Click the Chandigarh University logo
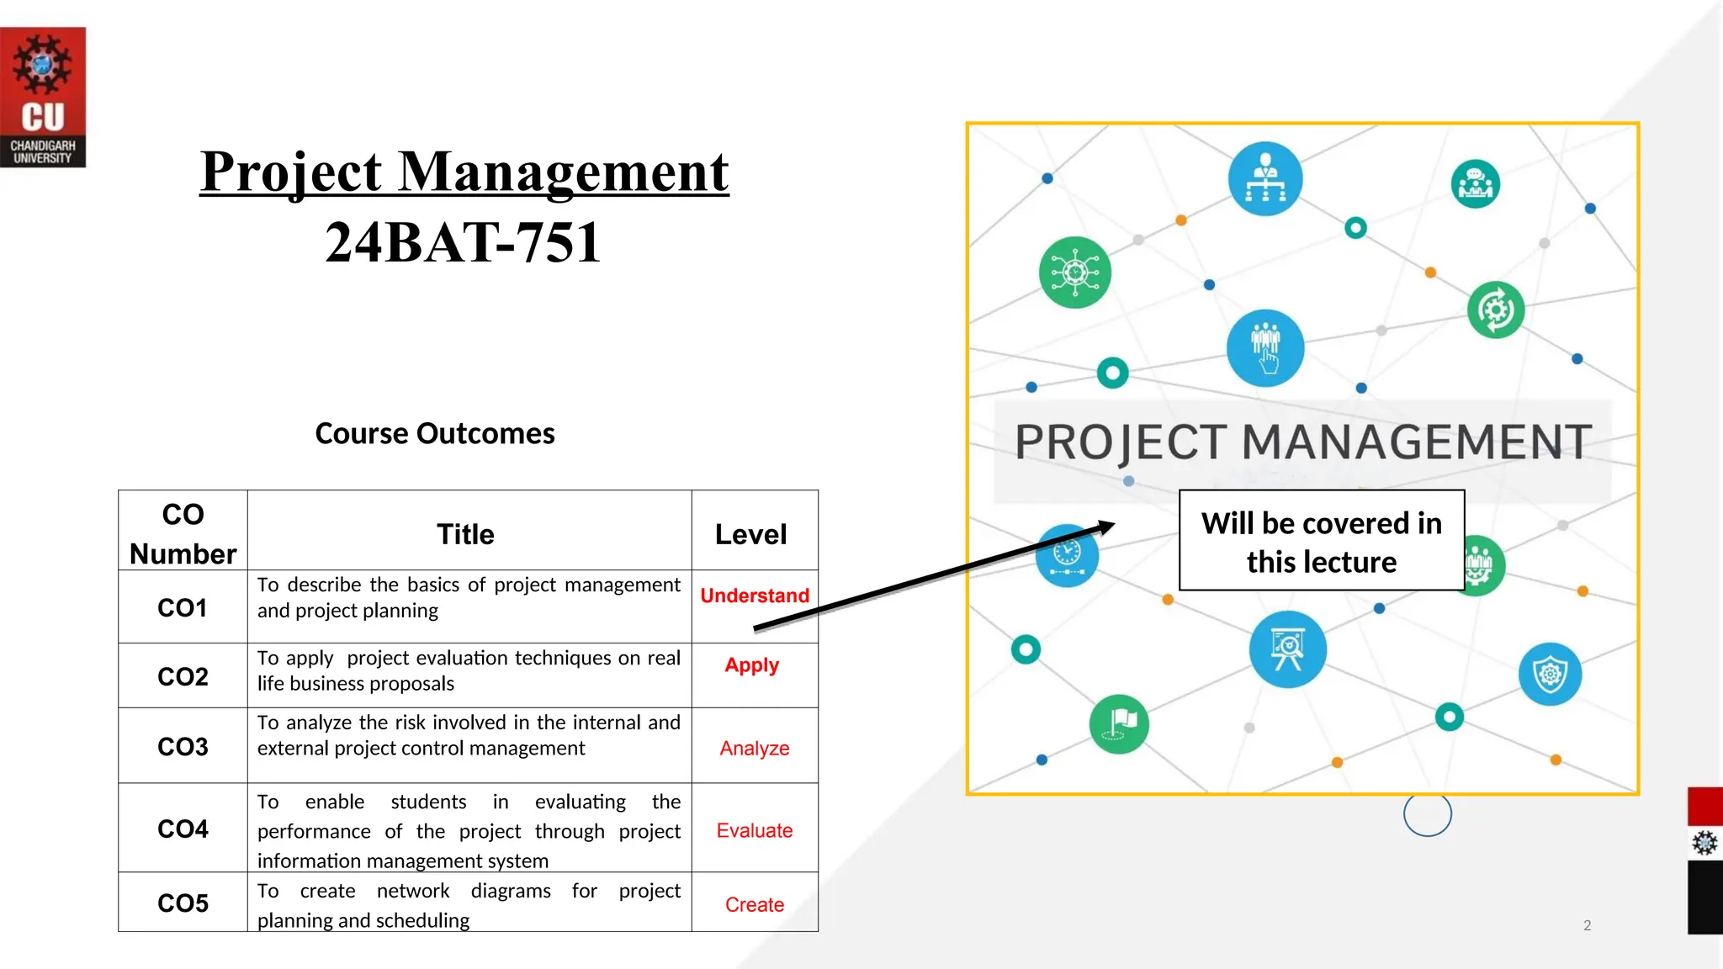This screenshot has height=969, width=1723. pos(43,97)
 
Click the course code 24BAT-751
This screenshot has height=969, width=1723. pos(464,242)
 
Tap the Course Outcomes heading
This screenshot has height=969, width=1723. pos(435,433)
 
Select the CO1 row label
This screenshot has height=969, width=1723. pos(183,607)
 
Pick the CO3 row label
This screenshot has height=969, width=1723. pos(183,746)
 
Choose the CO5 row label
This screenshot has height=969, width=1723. pos(183,903)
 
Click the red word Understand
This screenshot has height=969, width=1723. pos(755,596)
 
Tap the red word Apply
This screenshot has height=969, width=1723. pos(752,665)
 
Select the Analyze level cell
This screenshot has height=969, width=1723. pos(755,748)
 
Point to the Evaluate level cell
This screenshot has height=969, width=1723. pos(755,830)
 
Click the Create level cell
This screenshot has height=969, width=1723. pos(755,904)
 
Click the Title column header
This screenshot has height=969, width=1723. pos(465,534)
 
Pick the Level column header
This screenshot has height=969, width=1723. pos(750,534)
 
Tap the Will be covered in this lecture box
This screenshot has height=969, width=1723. pos(1322,541)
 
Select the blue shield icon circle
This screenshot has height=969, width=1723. pos(1550,675)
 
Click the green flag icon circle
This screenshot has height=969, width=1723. pos(1119,723)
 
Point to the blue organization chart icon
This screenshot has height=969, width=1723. pos(1264,179)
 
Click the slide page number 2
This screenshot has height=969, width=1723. pos(1588,925)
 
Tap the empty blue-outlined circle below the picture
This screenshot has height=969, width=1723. pos(1428,813)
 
